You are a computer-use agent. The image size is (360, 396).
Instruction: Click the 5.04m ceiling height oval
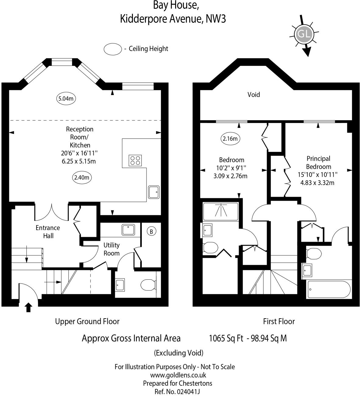pos(66,98)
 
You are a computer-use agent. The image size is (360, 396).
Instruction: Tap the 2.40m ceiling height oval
pos(81,177)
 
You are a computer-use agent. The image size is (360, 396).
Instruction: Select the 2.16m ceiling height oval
pos(230,139)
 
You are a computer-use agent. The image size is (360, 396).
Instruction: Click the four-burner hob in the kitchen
pos(135,160)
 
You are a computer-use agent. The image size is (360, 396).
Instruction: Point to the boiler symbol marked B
pos(151,231)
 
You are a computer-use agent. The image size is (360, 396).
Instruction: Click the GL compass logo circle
pos(304,34)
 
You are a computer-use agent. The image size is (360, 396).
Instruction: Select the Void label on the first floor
pos(254,95)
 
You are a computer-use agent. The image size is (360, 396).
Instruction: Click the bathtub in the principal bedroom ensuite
pos(329,289)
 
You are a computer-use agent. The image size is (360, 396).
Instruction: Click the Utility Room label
pos(111,249)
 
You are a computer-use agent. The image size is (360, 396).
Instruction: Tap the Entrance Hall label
pos(48,232)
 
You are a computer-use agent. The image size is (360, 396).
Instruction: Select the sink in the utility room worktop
pos(128,230)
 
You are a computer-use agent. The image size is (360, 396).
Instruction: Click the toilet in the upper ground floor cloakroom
pos(148,285)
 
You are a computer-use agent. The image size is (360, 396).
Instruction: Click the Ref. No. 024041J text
pos(177,392)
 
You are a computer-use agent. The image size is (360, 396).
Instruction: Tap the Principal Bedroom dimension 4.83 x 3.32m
pos(317,183)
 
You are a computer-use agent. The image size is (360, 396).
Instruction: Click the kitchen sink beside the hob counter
pos(154,192)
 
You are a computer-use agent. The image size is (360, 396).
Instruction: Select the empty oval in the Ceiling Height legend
pos(113,49)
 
